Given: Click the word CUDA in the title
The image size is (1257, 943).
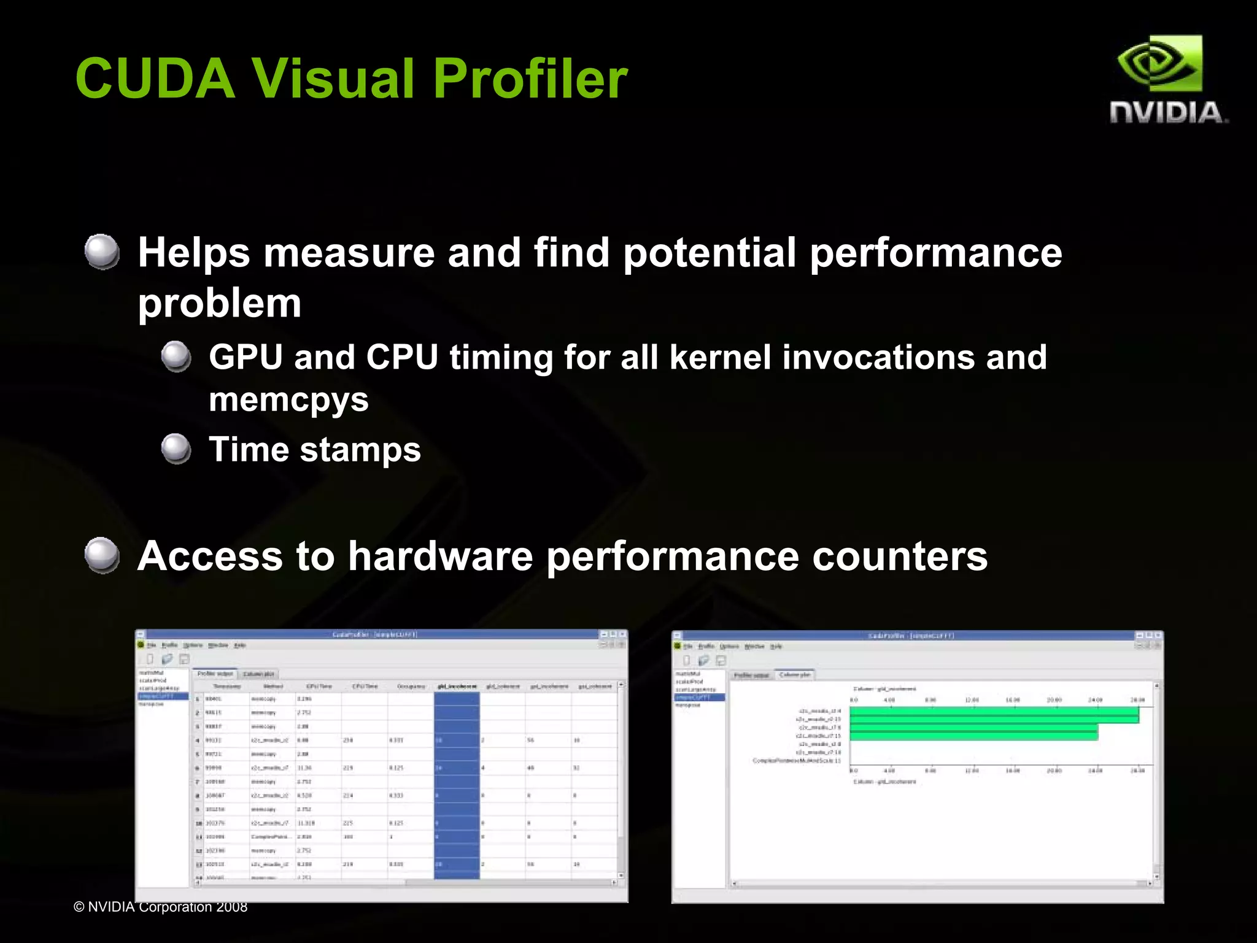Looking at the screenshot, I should (155, 79).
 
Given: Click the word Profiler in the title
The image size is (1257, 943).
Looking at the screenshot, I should (530, 79).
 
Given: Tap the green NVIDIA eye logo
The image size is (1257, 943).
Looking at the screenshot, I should (1159, 64).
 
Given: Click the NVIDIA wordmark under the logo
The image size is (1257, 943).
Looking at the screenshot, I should (1167, 113).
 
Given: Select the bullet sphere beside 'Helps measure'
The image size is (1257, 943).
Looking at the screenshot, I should (102, 252).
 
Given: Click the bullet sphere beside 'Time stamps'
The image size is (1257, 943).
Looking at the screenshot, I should (176, 448).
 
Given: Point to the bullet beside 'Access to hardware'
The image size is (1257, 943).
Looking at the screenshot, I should (102, 555).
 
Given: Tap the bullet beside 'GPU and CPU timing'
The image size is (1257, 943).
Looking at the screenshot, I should (176, 356).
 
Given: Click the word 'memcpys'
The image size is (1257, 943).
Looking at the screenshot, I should (288, 400).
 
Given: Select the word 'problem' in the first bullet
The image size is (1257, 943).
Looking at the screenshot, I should (220, 303).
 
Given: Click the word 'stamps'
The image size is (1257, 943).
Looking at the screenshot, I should (360, 450).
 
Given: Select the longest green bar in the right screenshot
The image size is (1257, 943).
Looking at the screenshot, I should (994, 715).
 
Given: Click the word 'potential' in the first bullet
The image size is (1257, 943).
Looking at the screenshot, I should (710, 253).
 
